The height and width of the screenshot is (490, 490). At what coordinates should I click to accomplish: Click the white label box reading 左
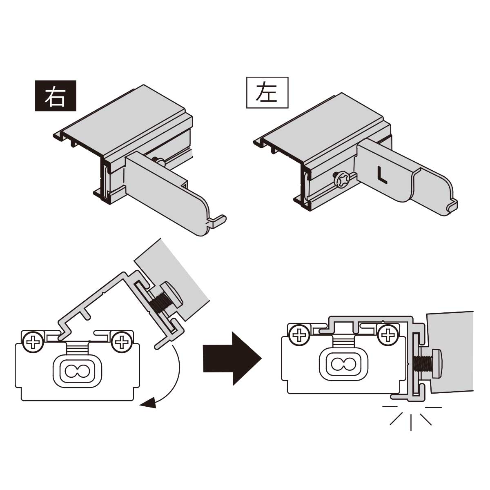pos(267,93)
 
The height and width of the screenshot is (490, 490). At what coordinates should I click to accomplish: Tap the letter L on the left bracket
pos(381,175)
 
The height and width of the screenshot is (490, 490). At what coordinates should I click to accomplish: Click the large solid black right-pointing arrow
pos(232,358)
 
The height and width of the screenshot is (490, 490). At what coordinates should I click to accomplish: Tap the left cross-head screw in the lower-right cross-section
pos(299,336)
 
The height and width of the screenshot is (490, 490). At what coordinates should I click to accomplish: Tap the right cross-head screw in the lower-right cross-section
pos(387,336)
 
